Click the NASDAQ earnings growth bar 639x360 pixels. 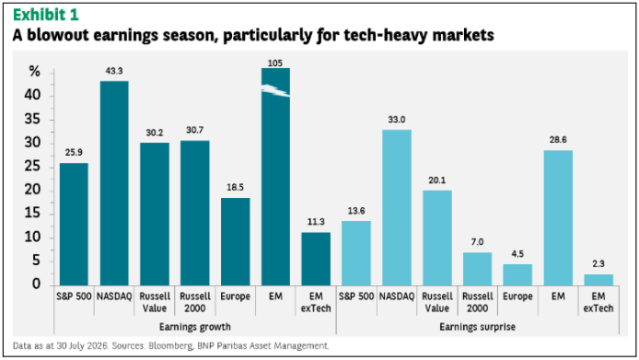coord(114,183)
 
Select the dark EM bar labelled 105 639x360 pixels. coord(275,177)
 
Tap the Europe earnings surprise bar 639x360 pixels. coord(517,274)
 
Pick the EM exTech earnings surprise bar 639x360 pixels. coord(598,280)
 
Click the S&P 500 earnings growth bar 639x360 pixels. coord(74,225)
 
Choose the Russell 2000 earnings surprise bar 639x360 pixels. coord(477,269)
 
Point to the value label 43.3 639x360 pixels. coord(114,71)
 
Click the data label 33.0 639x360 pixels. coord(397,120)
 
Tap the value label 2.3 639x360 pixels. coord(598,263)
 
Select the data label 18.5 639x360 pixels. coord(235,187)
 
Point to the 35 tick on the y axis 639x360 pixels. coord(32,119)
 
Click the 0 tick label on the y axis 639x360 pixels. coord(37,284)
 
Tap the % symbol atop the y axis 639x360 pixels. coord(35,72)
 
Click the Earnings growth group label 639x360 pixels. coord(195,327)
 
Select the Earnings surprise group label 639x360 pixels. coord(477,327)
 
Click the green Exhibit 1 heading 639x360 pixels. coord(45,15)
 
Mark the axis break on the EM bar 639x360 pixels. coord(275,90)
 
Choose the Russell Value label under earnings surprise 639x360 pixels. coord(436,302)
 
